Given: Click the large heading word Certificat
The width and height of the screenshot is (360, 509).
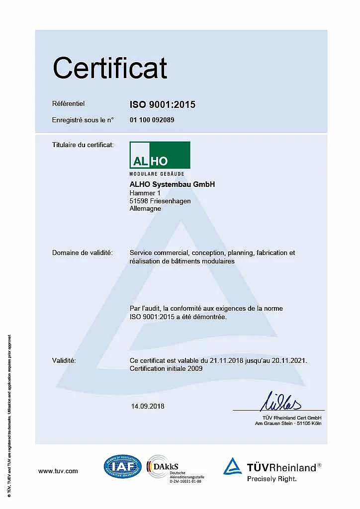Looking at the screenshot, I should tap(110, 68).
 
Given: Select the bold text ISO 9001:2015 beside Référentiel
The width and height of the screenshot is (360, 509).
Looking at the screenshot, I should tap(163, 104).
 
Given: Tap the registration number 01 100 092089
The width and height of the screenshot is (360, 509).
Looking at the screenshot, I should tap(152, 120).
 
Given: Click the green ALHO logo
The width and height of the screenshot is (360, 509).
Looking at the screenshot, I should tap(160, 155).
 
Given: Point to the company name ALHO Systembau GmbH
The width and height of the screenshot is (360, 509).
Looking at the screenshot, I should tap(172, 184).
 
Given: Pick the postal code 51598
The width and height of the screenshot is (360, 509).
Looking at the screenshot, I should tap(138, 201).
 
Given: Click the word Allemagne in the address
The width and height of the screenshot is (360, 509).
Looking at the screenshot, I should tap(145, 209).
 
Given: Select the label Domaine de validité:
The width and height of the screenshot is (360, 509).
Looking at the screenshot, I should tap(83, 253).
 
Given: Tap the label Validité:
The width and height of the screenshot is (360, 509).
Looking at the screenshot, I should tap(64, 360).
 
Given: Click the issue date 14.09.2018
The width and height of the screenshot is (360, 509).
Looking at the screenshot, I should tap(148, 406).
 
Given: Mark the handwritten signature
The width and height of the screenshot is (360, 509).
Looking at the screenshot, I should tap(281, 401).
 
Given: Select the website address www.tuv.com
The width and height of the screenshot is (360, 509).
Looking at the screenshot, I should tap(58, 471).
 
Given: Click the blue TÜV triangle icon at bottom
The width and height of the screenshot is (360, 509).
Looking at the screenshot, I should tap(232, 466).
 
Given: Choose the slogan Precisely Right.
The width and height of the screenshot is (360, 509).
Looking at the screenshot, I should tap(272, 479).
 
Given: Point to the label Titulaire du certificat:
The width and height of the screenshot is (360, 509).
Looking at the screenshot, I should tap(83, 145).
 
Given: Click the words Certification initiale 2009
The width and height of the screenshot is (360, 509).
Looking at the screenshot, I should tap(166, 368).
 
